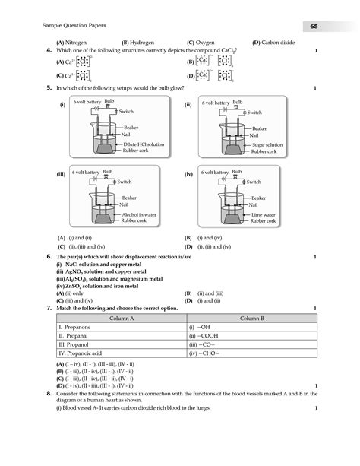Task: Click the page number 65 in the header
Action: point(313,27)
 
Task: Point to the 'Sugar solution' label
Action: point(267,144)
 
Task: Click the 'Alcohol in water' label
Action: point(138,214)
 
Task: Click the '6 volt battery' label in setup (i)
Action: point(87,102)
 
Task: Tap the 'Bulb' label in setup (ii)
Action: point(238,101)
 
